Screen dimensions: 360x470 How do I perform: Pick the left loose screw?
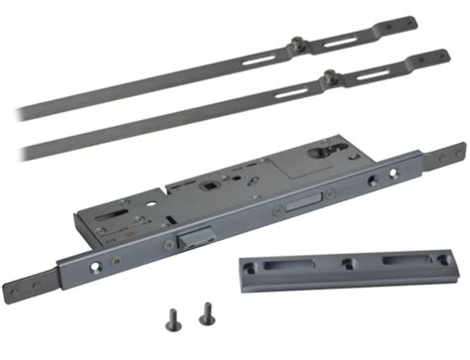[x=170, y=318]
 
